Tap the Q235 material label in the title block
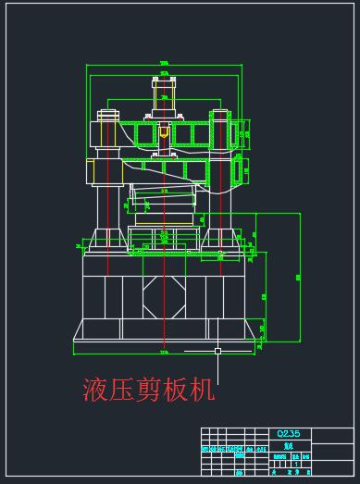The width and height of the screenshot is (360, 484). pos(288,433)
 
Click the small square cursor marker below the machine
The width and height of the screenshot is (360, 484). pos(217,352)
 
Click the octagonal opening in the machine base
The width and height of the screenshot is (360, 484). pos(163,296)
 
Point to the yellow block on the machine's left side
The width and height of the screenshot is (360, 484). pos(90,171)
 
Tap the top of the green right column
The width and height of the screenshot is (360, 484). pos(221,114)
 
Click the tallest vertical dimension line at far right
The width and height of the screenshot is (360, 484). pos(301,278)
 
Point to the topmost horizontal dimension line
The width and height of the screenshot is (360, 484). pos(164,63)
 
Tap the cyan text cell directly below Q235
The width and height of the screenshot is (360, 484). pos(288,443)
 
